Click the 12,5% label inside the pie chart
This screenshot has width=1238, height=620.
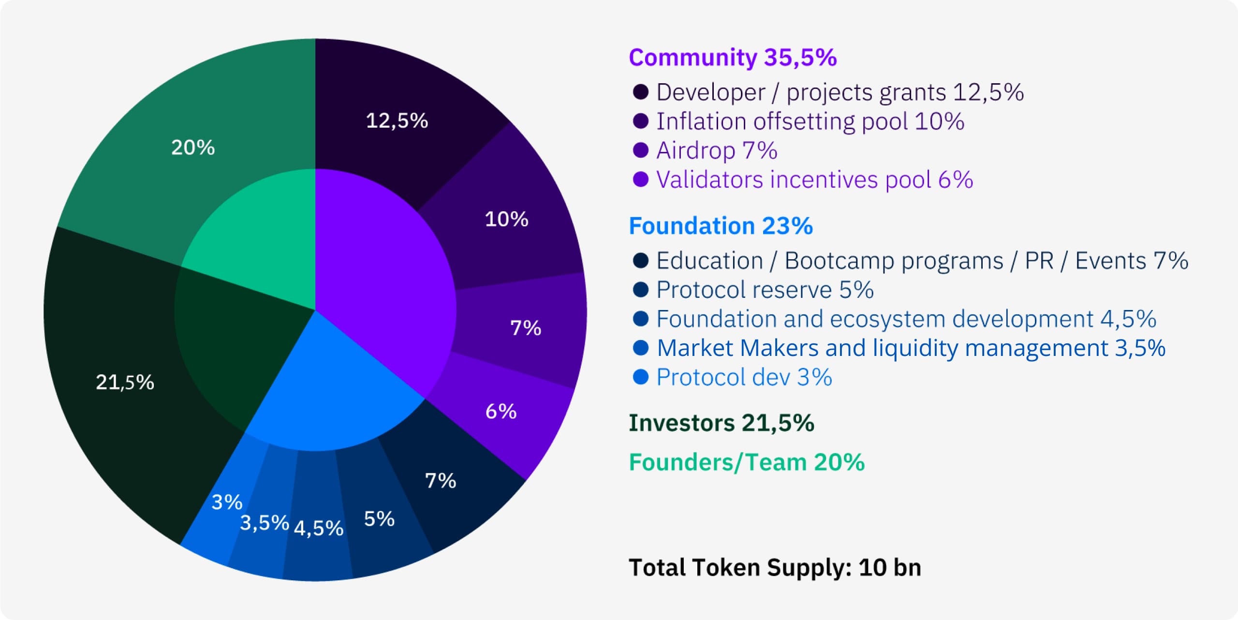click(397, 121)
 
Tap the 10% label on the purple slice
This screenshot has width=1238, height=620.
click(506, 219)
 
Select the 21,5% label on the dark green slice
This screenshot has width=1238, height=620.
click(125, 383)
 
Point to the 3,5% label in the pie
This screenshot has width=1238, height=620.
click(264, 523)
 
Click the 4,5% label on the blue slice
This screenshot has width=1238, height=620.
click(318, 528)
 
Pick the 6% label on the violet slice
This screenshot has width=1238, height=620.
click(501, 412)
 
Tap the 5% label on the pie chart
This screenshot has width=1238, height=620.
click(379, 519)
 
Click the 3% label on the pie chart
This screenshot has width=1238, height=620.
click(227, 502)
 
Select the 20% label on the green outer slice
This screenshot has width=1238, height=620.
click(193, 148)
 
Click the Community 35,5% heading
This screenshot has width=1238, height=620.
click(732, 58)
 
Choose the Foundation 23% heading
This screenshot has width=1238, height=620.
click(721, 226)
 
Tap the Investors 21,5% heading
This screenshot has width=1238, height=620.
click(721, 423)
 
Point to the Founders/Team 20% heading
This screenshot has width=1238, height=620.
click(746, 462)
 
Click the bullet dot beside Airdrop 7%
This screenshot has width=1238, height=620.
click(640, 150)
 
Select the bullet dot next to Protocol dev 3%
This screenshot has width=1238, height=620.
click(640, 377)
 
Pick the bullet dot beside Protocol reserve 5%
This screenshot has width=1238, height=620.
click(640, 290)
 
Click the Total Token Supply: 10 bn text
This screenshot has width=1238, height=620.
click(775, 567)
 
